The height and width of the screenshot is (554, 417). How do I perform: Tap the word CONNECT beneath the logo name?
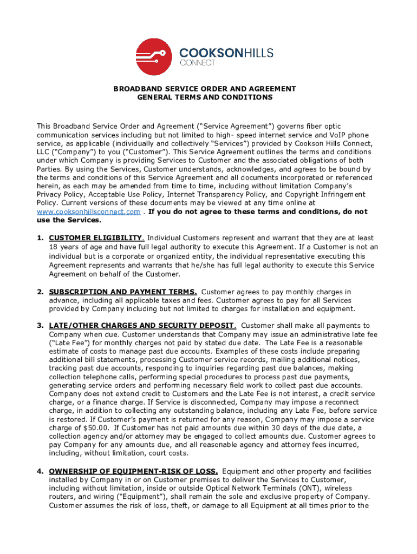pyautogui.click(x=197, y=63)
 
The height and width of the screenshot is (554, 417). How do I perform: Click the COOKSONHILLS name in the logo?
pyautogui.click(x=226, y=52)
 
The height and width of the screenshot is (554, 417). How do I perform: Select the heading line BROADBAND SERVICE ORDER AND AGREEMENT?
pyautogui.click(x=204, y=88)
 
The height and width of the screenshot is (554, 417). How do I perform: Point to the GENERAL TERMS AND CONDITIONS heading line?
pyautogui.click(x=205, y=97)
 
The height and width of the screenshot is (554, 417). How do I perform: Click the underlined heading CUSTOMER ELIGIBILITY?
pyautogui.click(x=96, y=238)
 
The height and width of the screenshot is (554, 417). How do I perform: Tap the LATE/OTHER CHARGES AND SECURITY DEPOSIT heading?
pyautogui.click(x=142, y=326)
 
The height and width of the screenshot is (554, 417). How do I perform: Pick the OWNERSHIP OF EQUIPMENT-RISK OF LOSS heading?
pyautogui.click(x=133, y=471)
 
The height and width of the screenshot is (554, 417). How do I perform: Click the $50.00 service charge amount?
pyautogui.click(x=89, y=427)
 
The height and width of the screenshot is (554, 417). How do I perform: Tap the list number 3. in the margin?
pyautogui.click(x=40, y=326)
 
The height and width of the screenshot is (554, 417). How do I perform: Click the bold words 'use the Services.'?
pyautogui.click(x=61, y=220)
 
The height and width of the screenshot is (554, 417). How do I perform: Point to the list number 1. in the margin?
pyautogui.click(x=40, y=238)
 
